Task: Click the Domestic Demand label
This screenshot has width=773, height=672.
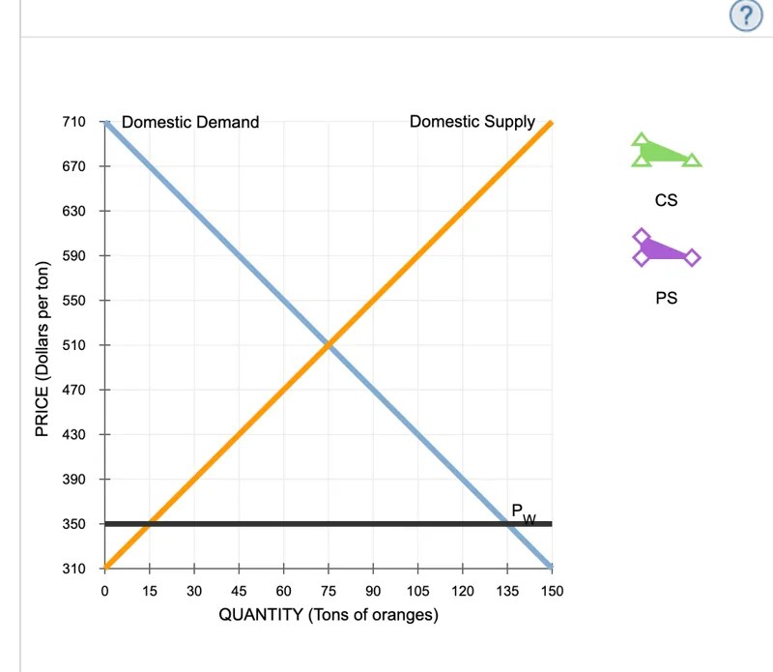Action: click(190, 122)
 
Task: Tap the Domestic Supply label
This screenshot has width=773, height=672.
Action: click(472, 122)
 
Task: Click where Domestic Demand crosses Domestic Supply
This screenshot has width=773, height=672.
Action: click(329, 345)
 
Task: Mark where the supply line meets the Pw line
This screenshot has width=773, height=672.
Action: click(149, 524)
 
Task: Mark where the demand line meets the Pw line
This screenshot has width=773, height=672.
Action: click(507, 524)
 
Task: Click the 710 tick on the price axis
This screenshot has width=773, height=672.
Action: click(74, 122)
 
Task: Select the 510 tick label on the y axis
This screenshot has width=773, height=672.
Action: click(74, 345)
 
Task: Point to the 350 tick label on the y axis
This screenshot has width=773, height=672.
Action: click(74, 524)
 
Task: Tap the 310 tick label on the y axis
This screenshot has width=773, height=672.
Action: click(74, 569)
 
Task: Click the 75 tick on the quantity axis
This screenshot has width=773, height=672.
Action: click(329, 590)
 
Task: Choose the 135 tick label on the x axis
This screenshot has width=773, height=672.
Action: click(507, 590)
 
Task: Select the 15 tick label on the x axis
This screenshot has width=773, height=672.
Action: click(149, 590)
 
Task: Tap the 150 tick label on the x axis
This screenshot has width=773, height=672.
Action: click(552, 590)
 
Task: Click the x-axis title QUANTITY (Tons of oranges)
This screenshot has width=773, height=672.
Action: click(329, 615)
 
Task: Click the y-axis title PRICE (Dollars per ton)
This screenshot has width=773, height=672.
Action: click(42, 349)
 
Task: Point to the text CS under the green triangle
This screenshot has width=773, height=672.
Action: click(666, 201)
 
